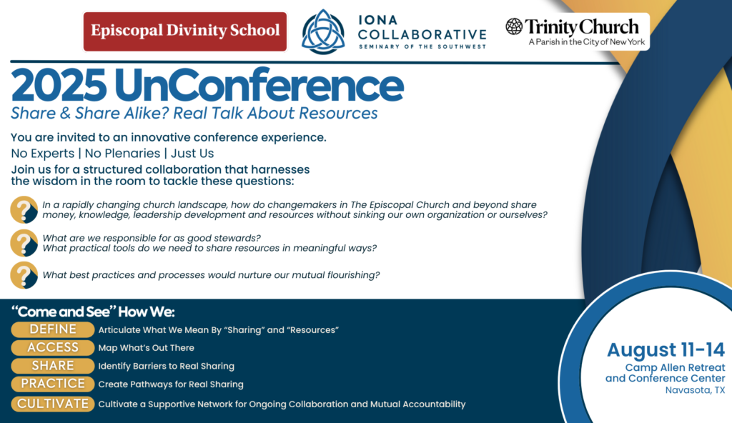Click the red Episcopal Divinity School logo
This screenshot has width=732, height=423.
[x=184, y=31]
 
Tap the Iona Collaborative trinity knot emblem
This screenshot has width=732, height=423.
[x=323, y=32]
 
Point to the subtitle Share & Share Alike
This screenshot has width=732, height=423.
[x=194, y=114]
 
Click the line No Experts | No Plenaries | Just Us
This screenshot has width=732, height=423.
[x=112, y=153]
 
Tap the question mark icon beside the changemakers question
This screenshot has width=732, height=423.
[x=24, y=209]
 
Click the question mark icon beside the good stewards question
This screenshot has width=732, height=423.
[x=24, y=243]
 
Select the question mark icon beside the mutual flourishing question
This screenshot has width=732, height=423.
[x=24, y=275]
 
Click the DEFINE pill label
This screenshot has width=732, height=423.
[x=53, y=329]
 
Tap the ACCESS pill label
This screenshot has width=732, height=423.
[x=53, y=348]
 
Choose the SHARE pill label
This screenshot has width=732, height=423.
[x=53, y=366]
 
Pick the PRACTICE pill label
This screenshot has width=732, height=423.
[x=53, y=384]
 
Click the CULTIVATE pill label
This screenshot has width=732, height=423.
[x=53, y=404]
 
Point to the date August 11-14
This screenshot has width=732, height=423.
[x=666, y=350]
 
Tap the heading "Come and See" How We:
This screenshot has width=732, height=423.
[x=94, y=312]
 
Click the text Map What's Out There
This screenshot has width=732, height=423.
[x=146, y=348]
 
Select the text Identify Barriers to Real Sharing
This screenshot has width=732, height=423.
[x=166, y=366]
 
